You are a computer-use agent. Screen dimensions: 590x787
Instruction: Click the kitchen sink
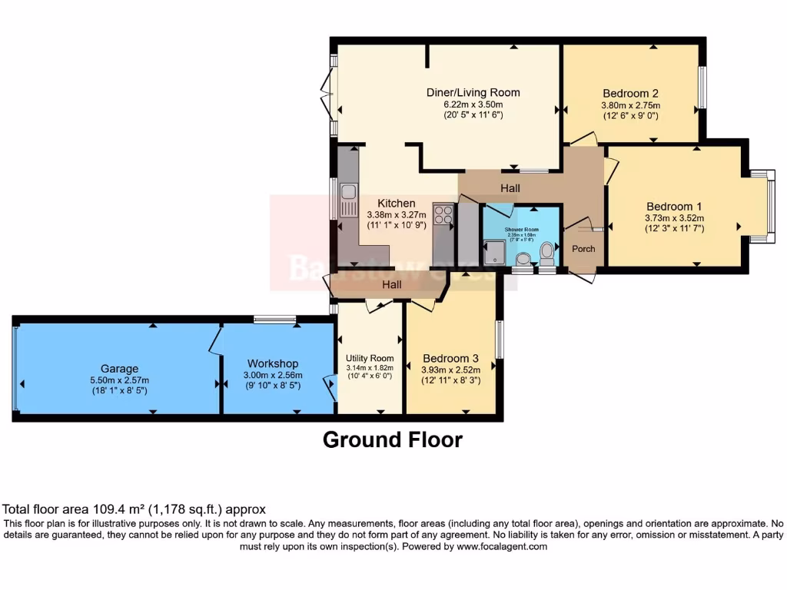(349, 201)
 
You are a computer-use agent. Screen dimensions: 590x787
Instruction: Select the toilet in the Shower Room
(547, 250)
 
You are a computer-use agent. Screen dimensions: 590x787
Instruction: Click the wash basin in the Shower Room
(524, 258)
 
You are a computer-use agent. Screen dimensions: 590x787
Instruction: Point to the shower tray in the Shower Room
(493, 252)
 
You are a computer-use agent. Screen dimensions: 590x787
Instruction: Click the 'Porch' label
(583, 248)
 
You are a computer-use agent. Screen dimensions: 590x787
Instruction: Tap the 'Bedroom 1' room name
(674, 206)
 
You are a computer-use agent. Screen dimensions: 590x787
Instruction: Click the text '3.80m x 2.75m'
(630, 106)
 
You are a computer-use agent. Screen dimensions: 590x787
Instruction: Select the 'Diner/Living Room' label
(473, 92)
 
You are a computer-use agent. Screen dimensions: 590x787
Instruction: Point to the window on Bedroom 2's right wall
(701, 88)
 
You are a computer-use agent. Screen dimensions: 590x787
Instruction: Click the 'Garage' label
(119, 368)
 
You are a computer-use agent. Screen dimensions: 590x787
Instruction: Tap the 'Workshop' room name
(272, 363)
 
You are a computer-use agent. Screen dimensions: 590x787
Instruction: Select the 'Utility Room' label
(370, 358)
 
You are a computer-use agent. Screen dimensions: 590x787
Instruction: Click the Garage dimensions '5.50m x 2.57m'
(119, 380)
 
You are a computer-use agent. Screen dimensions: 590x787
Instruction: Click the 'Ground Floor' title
(392, 439)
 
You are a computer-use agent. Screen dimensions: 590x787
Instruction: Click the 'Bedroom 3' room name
(450, 358)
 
